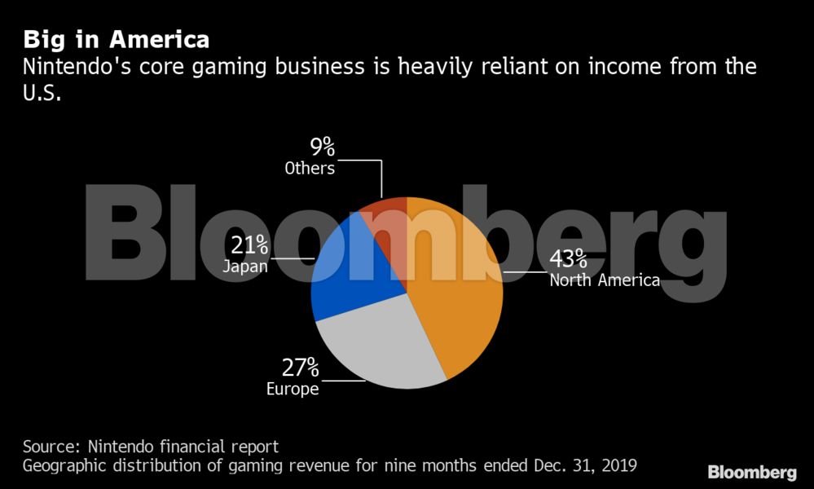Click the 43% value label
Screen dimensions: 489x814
click(x=568, y=258)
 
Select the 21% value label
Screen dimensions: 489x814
click(x=249, y=244)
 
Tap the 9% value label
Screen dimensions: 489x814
click(x=322, y=148)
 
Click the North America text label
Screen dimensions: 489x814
click(x=604, y=280)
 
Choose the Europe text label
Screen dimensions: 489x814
click(x=293, y=389)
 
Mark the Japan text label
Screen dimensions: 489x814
click(x=244, y=266)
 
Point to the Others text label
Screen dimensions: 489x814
click(x=310, y=169)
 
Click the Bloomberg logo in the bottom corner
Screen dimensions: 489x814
click(x=751, y=472)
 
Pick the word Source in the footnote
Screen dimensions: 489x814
click(x=51, y=447)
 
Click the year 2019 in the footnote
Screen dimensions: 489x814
click(x=617, y=465)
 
